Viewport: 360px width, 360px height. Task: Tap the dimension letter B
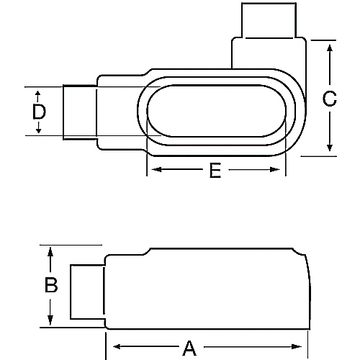(x=50, y=285)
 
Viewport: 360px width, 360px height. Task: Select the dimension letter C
(x=329, y=99)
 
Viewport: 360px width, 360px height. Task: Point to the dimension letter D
(x=39, y=112)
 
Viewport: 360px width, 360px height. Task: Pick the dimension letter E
(x=215, y=171)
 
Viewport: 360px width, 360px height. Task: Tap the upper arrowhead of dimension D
(x=39, y=92)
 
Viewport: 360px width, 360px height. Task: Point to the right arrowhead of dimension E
(x=282, y=171)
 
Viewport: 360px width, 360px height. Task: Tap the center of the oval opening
(x=217, y=112)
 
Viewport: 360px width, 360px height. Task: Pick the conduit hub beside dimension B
(x=87, y=292)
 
